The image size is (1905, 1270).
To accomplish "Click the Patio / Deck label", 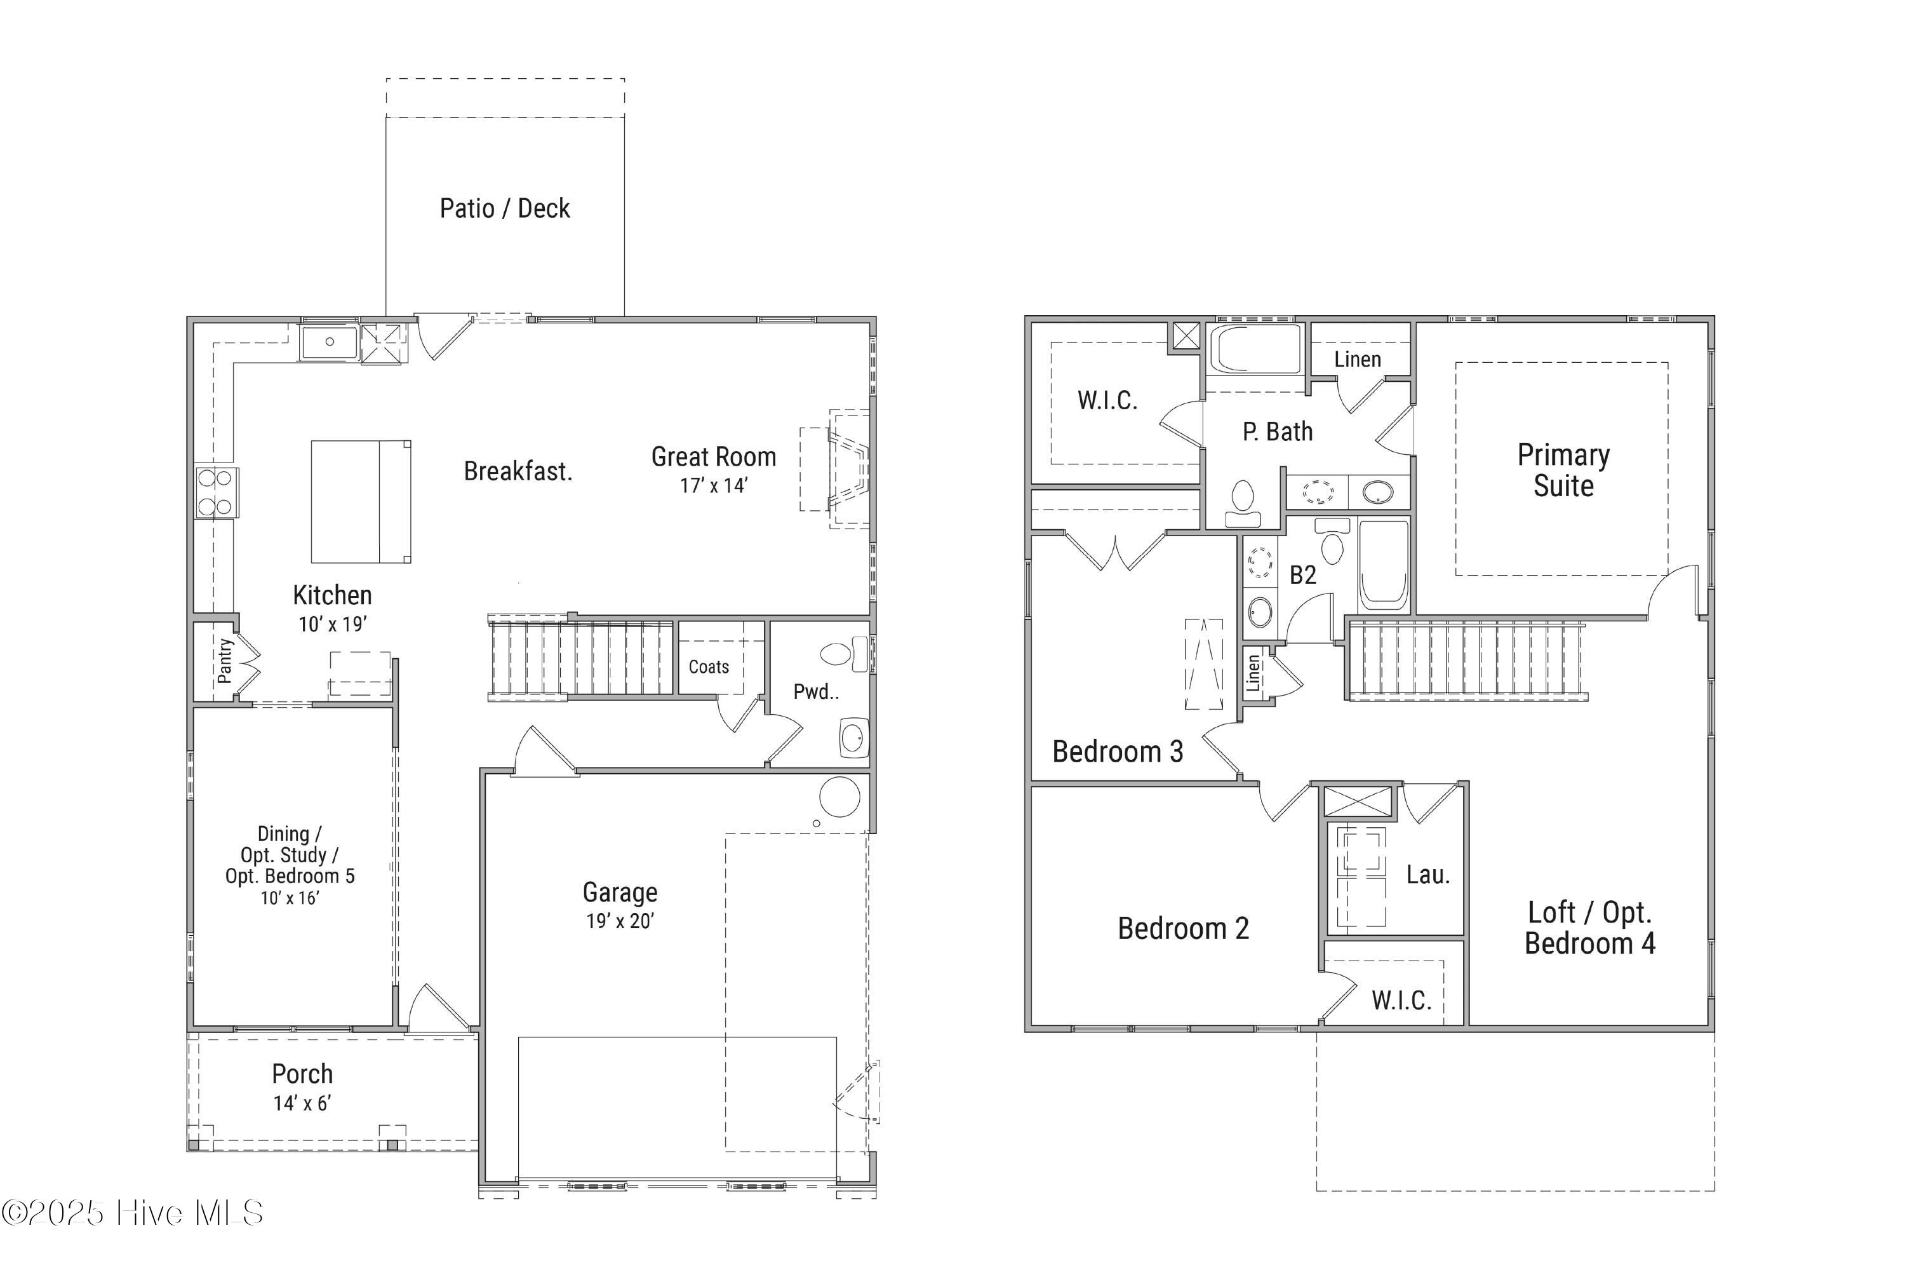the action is pyautogui.click(x=504, y=208).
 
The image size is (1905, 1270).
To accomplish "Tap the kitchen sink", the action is pyautogui.click(x=330, y=342).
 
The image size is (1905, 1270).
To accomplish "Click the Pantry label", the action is pyautogui.click(x=224, y=660).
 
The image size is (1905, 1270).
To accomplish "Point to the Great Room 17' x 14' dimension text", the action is pyautogui.click(x=713, y=485).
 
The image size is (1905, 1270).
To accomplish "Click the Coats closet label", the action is pyautogui.click(x=709, y=666).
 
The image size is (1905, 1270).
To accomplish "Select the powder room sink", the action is pyautogui.click(x=853, y=737).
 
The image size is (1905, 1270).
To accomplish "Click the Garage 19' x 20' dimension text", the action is pyautogui.click(x=620, y=921).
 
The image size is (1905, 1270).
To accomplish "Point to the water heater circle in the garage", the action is pyautogui.click(x=839, y=797).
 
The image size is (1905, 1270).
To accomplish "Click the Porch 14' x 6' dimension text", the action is pyautogui.click(x=302, y=1102).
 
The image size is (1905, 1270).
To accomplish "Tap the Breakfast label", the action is pyautogui.click(x=518, y=471).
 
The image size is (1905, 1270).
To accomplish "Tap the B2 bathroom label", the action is pyautogui.click(x=1302, y=575).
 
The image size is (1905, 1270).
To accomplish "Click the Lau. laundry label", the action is pyautogui.click(x=1428, y=875).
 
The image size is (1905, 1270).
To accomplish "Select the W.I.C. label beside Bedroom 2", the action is pyautogui.click(x=1401, y=1000).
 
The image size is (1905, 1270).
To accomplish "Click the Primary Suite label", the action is pyautogui.click(x=1563, y=471).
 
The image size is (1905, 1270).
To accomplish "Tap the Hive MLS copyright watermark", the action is pyautogui.click(x=133, y=1212).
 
